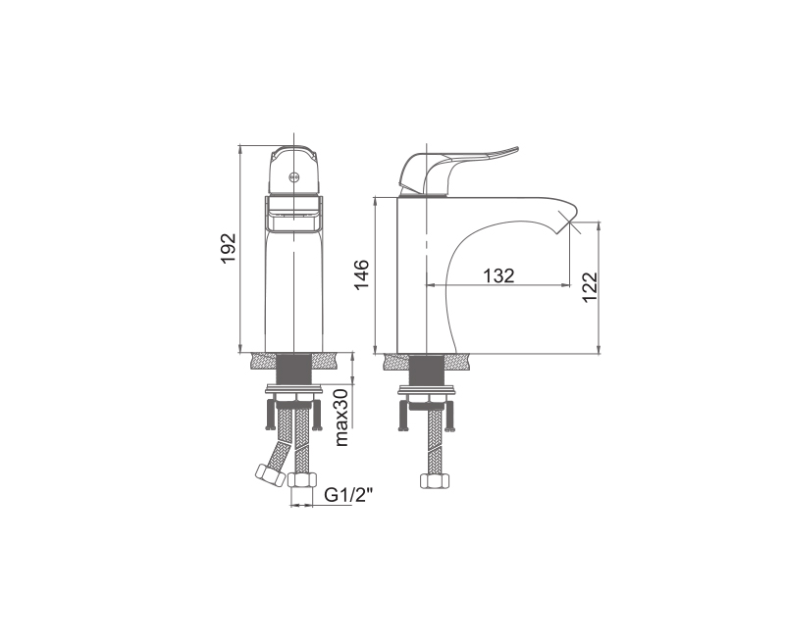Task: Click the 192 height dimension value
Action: (229, 249)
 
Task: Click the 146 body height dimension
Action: (361, 274)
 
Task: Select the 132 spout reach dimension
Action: (498, 275)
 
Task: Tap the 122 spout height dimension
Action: (590, 286)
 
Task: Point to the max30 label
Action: (340, 417)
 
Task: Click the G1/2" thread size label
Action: (349, 495)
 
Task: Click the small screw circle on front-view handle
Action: (293, 177)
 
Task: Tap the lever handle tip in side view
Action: (516, 148)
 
